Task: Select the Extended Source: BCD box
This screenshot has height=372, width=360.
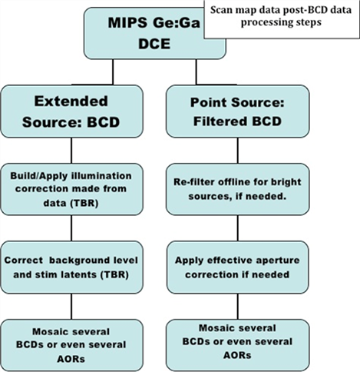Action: tap(71, 111)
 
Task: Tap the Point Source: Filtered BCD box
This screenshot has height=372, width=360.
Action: tap(238, 111)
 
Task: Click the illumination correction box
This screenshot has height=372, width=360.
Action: tap(71, 189)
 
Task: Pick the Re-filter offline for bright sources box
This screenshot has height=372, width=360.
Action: tap(238, 189)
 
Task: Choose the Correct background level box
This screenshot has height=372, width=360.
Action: tap(71, 267)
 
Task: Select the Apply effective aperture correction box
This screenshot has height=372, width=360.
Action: tap(238, 267)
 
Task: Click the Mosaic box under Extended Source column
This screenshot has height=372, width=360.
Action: tap(71, 345)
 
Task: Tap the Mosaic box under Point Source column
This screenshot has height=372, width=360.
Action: tap(238, 345)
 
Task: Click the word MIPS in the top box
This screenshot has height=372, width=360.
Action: tap(127, 22)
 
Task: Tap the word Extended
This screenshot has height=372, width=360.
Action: tap(71, 101)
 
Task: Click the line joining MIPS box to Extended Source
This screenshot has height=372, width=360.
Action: tap(113, 72)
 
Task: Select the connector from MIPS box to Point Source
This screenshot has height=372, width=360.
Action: tap(197, 72)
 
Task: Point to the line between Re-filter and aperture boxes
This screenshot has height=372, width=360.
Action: tap(238, 228)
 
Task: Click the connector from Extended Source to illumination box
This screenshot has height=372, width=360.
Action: tap(71, 151)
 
